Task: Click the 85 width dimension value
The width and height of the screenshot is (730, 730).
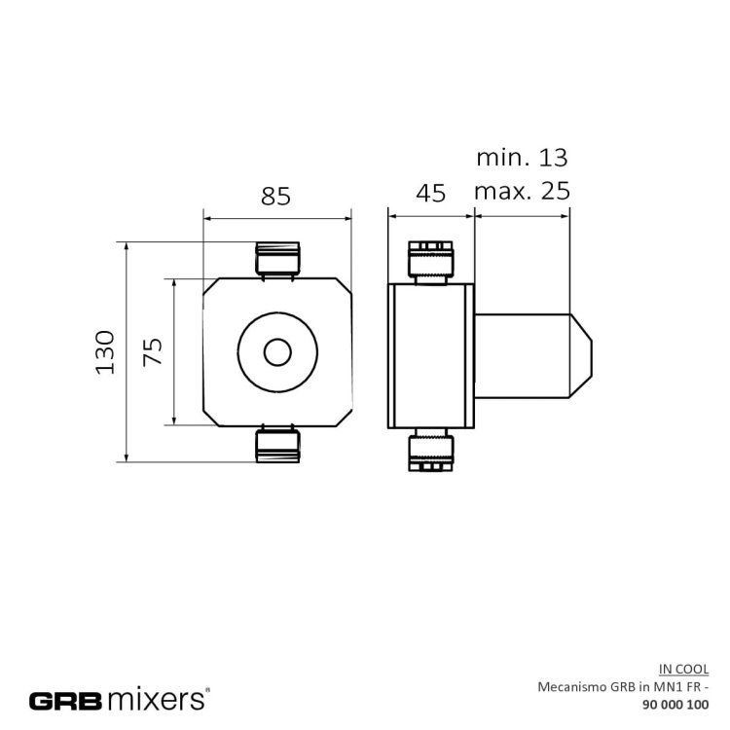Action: tap(275, 196)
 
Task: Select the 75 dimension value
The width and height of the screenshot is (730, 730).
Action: tap(153, 351)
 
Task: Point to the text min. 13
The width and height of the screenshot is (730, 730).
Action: tap(521, 157)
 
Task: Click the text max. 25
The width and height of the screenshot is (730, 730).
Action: tap(521, 191)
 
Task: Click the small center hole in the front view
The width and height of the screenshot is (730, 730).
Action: tap(278, 352)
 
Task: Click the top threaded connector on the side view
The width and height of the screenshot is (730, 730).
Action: tap(429, 262)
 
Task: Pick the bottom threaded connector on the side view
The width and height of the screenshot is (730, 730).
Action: tap(429, 449)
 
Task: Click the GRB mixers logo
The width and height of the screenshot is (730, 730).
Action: tap(118, 699)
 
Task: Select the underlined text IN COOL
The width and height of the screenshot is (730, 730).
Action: tap(683, 669)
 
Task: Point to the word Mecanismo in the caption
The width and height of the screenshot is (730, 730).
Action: tap(570, 686)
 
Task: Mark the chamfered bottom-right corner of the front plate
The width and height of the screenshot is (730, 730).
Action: tap(347, 419)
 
